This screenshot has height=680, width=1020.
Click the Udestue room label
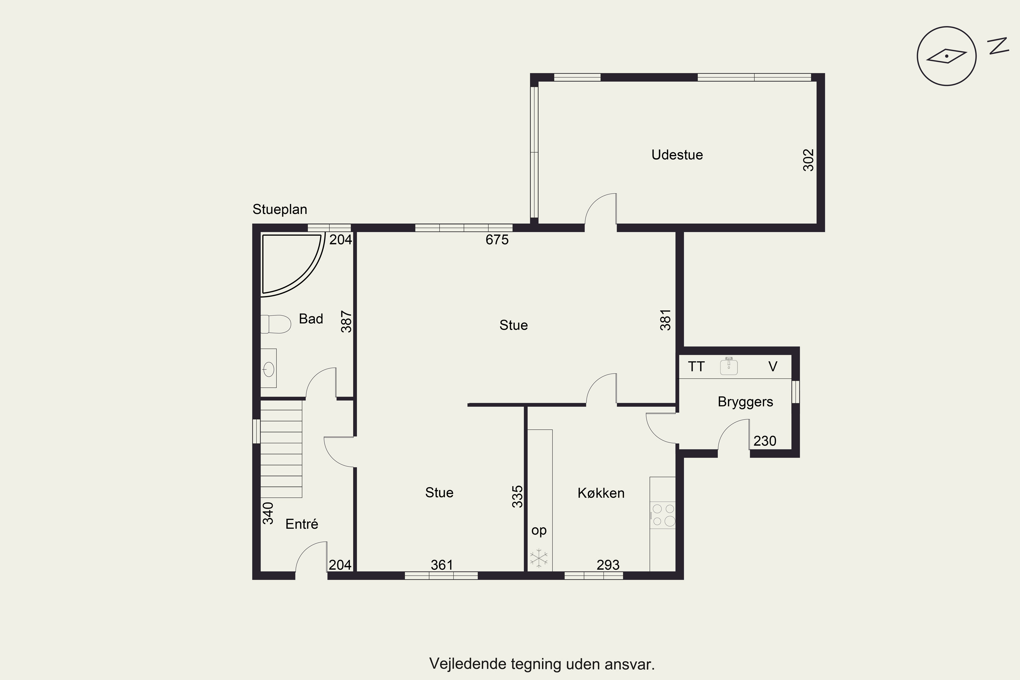677,155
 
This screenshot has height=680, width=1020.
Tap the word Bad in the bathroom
311,319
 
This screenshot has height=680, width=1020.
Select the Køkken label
601,493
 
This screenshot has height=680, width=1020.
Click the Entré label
302,524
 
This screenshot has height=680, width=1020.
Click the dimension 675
497,239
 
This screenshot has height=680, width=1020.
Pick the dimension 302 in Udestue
809,160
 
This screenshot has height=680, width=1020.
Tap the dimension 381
665,320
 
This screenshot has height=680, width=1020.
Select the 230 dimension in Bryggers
765,441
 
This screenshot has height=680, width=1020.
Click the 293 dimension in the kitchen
608,565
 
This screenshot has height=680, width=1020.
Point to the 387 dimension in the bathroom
346,321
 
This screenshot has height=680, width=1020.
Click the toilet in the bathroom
275,324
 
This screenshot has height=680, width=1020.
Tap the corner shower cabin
293,265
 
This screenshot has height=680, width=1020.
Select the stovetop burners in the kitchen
663,515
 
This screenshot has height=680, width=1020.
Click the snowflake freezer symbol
539,558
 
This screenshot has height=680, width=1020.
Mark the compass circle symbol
947,56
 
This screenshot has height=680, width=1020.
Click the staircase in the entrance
281,449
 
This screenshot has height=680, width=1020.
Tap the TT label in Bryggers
696,367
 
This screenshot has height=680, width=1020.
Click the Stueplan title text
280,209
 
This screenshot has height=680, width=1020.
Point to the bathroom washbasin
269,368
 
